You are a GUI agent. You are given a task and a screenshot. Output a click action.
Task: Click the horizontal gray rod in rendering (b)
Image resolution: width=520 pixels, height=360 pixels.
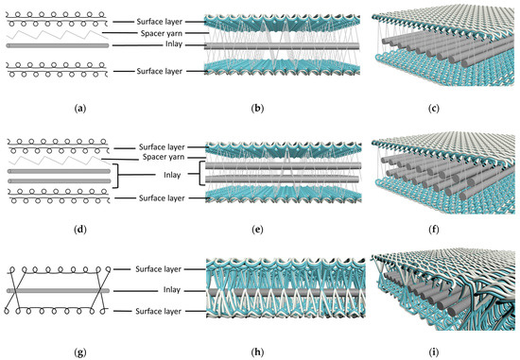255,44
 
